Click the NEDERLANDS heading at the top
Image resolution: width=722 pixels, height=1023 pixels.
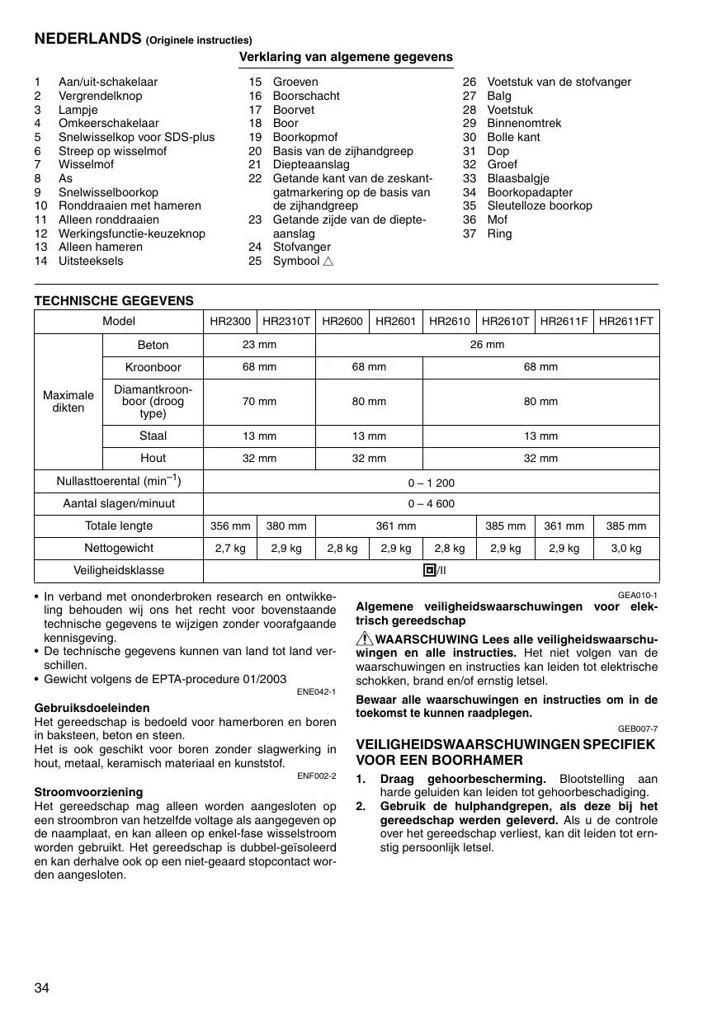pyautogui.click(x=88, y=39)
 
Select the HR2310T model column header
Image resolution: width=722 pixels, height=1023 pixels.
pyautogui.click(x=286, y=321)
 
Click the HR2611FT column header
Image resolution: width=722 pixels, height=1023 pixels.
pyautogui.click(x=626, y=321)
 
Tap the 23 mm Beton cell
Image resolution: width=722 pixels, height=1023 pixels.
pyautogui.click(x=259, y=345)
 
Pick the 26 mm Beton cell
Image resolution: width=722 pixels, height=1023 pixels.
pyautogui.click(x=487, y=345)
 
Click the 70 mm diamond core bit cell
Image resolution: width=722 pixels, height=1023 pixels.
pyautogui.click(x=259, y=402)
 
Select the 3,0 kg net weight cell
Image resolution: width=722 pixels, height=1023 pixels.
pyautogui.click(x=626, y=549)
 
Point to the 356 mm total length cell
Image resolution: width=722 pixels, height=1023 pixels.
pyautogui.click(x=230, y=526)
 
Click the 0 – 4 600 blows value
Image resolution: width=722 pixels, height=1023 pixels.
pyautogui.click(x=431, y=504)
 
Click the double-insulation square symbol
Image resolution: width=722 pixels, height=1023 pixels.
pyautogui.click(x=429, y=570)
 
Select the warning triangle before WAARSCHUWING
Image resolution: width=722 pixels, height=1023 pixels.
pyautogui.click(x=365, y=640)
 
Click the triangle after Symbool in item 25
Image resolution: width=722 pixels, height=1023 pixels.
pyautogui.click(x=328, y=262)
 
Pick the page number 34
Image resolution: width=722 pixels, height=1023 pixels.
pyautogui.click(x=42, y=989)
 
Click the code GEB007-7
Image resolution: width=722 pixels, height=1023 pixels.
pyautogui.click(x=638, y=728)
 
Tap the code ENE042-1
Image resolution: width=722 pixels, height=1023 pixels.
pyautogui.click(x=316, y=691)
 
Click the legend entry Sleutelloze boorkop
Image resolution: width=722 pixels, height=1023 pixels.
pyautogui.click(x=540, y=206)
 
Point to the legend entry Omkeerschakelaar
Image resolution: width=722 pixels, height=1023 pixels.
pyautogui.click(x=108, y=124)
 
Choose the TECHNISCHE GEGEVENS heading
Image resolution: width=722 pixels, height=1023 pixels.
pyautogui.click(x=114, y=301)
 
